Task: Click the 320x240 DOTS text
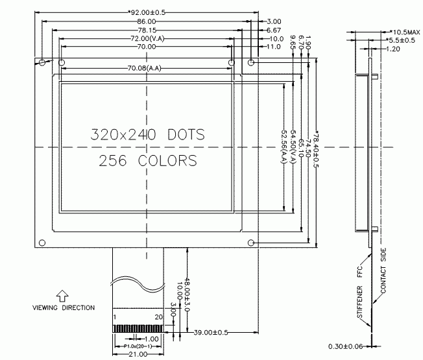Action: (147, 135)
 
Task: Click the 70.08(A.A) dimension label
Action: (145, 68)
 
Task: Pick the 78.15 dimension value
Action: (145, 30)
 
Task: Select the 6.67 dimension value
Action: (273, 30)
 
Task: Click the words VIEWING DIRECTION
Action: (63, 307)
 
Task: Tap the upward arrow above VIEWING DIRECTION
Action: (62, 295)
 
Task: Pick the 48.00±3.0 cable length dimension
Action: (187, 296)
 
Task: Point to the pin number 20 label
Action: (158, 317)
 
